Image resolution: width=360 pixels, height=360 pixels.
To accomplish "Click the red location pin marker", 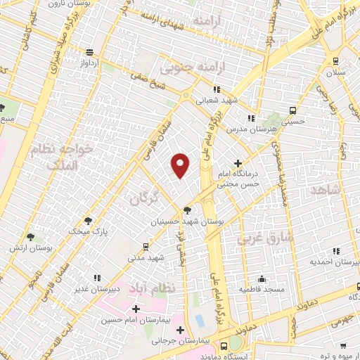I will tap(181, 165).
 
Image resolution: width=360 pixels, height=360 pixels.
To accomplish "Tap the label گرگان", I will tap(146, 200).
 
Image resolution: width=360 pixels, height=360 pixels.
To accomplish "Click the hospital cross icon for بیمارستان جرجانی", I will tap(181, 330).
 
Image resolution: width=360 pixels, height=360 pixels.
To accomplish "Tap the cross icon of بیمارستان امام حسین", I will tap(136, 309).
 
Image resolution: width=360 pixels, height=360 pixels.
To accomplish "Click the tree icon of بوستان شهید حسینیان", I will tap(187, 210).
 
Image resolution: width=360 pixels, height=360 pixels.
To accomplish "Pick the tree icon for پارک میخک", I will tap(88, 220).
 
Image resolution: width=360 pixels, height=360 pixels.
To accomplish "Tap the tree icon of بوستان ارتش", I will tap(29, 238).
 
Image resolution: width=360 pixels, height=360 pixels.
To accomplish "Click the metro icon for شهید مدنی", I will tap(146, 247).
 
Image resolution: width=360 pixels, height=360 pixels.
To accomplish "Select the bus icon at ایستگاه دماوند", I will tap(224, 345).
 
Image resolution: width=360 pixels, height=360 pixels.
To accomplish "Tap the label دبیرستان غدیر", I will tap(98, 289).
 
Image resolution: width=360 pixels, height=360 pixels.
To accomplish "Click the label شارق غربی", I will tap(254, 238).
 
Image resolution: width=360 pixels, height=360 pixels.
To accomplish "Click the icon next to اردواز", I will tap(89, 52).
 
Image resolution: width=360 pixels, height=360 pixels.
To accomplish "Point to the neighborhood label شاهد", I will tap(328, 192).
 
